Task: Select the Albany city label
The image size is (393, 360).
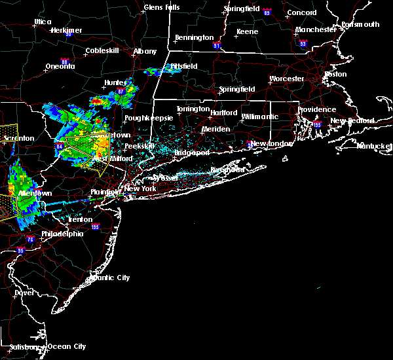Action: click(x=145, y=51)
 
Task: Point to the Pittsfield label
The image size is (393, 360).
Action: click(x=184, y=66)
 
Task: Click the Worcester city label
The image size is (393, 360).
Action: click(x=287, y=79)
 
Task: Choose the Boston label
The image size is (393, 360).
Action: click(x=335, y=74)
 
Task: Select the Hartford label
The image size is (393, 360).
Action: click(x=223, y=113)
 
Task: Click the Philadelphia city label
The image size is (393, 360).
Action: click(x=62, y=234)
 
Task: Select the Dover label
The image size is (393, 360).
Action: click(x=24, y=293)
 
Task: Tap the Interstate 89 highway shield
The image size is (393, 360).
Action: click(x=267, y=12)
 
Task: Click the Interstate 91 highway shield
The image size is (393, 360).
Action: click(x=217, y=46)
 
